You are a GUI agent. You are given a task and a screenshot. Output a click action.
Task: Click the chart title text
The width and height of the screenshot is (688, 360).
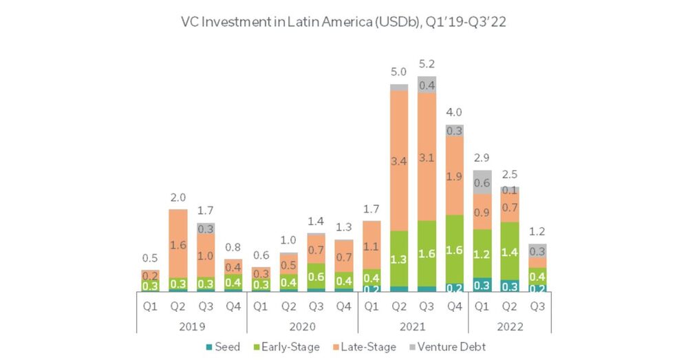point(343,21)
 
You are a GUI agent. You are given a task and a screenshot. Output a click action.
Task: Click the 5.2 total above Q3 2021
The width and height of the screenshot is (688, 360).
point(427,64)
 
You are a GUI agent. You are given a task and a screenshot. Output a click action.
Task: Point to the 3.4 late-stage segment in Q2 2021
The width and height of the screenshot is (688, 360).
point(398,162)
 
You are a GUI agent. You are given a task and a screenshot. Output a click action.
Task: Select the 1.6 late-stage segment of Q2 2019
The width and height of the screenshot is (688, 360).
point(178,244)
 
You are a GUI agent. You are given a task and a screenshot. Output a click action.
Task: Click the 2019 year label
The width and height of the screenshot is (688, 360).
point(188,326)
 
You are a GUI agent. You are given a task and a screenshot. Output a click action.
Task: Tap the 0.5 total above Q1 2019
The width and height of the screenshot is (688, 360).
point(150,258)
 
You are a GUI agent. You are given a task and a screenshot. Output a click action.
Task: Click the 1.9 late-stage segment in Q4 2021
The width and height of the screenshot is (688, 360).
point(454,176)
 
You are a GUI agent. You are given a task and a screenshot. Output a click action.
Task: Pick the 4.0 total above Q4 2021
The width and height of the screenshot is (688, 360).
point(454,112)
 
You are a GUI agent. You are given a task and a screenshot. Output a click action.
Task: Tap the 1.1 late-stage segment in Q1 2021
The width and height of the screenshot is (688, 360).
point(371,245)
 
